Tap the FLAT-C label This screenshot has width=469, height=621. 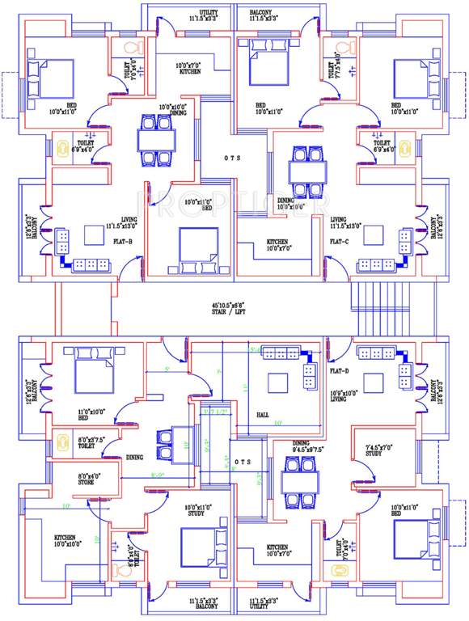[x=340, y=240]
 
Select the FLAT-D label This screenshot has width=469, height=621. [x=340, y=371]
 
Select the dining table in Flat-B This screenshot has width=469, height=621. [x=154, y=140]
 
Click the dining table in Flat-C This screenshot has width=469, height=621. [x=307, y=171]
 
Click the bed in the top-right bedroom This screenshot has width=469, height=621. [x=416, y=78]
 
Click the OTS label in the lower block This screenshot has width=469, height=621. [x=243, y=463]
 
